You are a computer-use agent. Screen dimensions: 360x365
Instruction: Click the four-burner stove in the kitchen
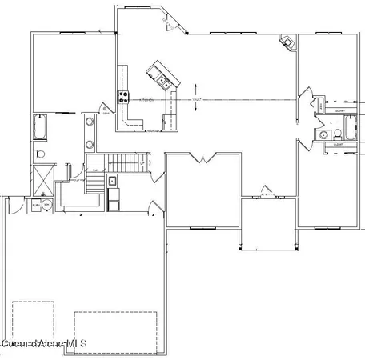pos(124,98)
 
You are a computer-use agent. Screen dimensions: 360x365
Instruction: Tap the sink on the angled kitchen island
pos(162,78)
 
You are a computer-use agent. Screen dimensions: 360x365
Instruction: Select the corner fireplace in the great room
pos(286,42)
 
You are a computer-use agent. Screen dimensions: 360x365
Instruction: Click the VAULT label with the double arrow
pos(196,99)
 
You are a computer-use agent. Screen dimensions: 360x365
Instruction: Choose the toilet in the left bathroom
pos(38,150)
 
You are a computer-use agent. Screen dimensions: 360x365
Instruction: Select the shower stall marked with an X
pos(39,178)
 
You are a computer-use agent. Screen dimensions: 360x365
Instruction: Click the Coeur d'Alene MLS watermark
pos(44,344)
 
